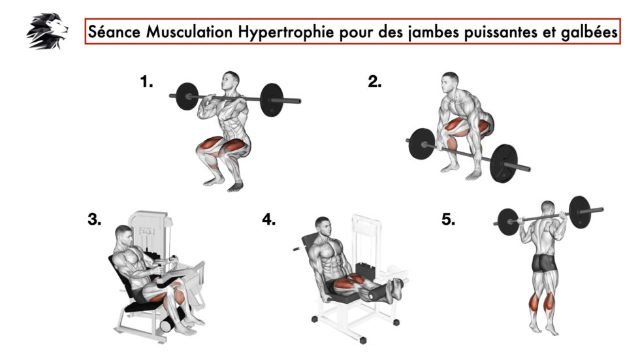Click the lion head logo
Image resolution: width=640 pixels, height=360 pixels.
pyautogui.click(x=47, y=31)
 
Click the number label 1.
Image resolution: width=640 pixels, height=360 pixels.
pyautogui.click(x=146, y=82)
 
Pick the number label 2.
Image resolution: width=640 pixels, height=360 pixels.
pyautogui.click(x=374, y=82)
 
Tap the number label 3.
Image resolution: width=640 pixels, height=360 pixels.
pyautogui.click(x=95, y=220)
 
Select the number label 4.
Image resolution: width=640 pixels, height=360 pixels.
pyautogui.click(x=268, y=220)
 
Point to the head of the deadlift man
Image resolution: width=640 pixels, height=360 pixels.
pyautogui.click(x=449, y=83)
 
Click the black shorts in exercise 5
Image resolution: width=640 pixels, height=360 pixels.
pyautogui.click(x=545, y=263)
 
